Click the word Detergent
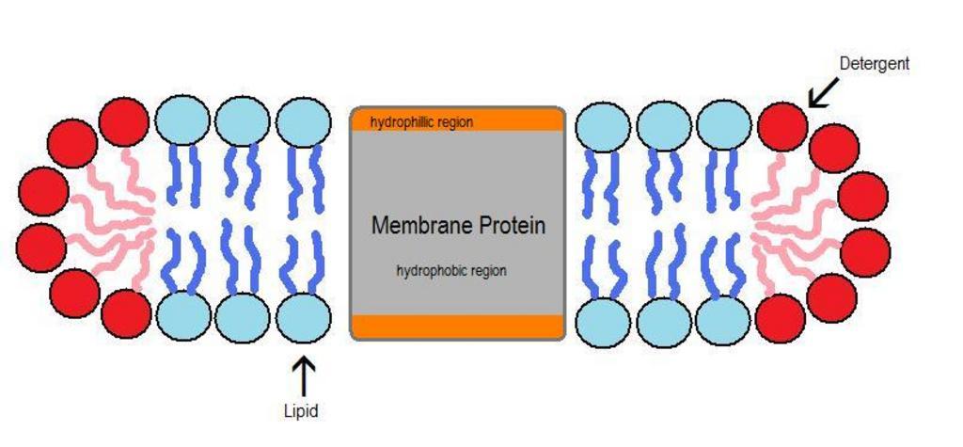[874, 64]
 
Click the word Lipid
[301, 410]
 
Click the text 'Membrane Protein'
[458, 226]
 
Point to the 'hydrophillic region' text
[421, 122]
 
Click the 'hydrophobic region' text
[451, 271]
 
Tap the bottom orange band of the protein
[458, 326]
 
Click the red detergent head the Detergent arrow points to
[782, 126]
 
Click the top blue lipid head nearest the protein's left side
[303, 122]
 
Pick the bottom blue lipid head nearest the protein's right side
[603, 323]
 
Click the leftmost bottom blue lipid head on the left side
[183, 316]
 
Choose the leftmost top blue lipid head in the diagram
[183, 121]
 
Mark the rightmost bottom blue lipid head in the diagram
[723, 321]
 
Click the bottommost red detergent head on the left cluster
[126, 314]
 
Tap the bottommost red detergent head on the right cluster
[781, 318]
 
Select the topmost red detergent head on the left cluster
[124, 122]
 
